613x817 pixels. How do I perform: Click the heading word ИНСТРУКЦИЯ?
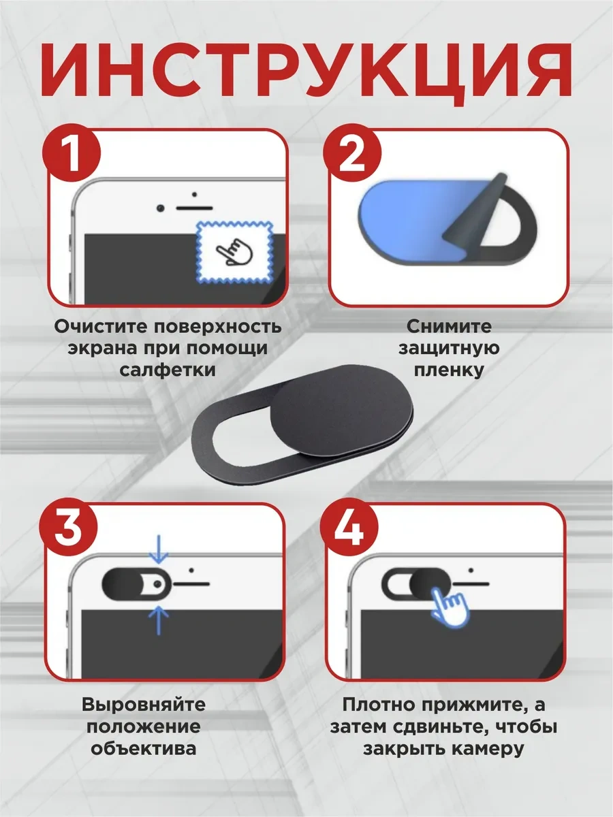point(306,74)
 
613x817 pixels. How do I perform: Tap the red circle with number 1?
point(72,153)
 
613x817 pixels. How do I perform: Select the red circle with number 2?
point(352,153)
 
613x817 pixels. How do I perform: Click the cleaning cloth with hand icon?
point(234,252)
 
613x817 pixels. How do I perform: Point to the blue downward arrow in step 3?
point(159,549)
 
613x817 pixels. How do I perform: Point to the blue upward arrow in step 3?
point(159,620)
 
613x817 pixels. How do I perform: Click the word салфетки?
point(168,370)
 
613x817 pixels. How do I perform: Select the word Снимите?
point(450,327)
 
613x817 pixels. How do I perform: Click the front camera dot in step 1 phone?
point(161,208)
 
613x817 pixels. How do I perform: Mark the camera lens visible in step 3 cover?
point(158,585)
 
